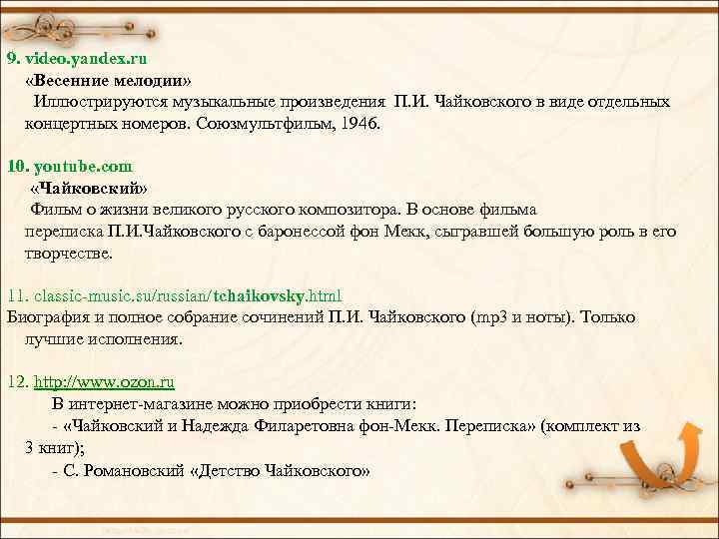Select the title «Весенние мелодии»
point(110,80)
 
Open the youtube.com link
point(81,166)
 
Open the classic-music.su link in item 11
point(188,295)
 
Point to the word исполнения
point(131,339)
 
